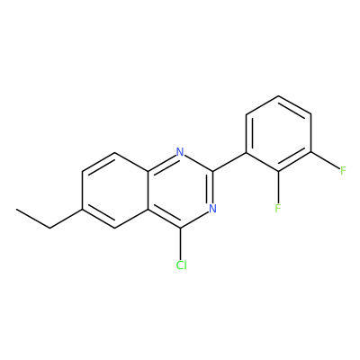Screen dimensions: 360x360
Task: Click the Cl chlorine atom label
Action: [x=182, y=265]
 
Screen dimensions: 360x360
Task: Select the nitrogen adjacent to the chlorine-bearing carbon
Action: [x=212, y=208]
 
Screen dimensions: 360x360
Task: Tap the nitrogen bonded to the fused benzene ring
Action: [x=180, y=152]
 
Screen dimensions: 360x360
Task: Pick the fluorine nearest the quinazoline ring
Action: [x=278, y=208]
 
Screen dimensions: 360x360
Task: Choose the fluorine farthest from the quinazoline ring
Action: [x=344, y=171]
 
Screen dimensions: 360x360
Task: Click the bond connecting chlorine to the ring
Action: [x=180, y=243]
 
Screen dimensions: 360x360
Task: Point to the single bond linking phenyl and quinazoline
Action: [x=229, y=162]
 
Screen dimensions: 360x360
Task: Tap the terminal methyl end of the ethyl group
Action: [x=17, y=209]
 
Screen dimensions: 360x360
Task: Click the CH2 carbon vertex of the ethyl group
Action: [x=49, y=228]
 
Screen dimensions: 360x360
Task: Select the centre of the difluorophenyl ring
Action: [x=278, y=134]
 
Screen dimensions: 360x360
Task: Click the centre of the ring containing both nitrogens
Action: [x=180, y=190]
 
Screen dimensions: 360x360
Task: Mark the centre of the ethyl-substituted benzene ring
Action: [x=115, y=190]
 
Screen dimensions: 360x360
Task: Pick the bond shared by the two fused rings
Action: [x=148, y=190]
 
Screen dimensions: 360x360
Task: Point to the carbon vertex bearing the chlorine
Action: [x=180, y=228]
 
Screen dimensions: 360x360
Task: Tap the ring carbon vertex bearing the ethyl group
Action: [x=82, y=209]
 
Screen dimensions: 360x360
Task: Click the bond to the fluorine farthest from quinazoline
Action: [x=326, y=161]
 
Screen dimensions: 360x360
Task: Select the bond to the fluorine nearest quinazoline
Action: [x=278, y=187]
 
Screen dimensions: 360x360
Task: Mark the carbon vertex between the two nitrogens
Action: [x=213, y=171]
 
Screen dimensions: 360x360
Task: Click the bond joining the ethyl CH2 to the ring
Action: [x=66, y=219]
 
